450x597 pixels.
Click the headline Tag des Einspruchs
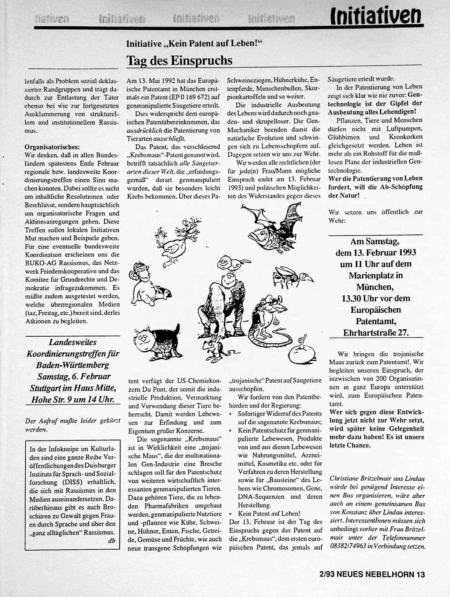179,61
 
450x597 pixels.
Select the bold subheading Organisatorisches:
52,147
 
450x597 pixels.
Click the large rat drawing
270,321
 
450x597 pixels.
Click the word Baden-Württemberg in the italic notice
72,365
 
